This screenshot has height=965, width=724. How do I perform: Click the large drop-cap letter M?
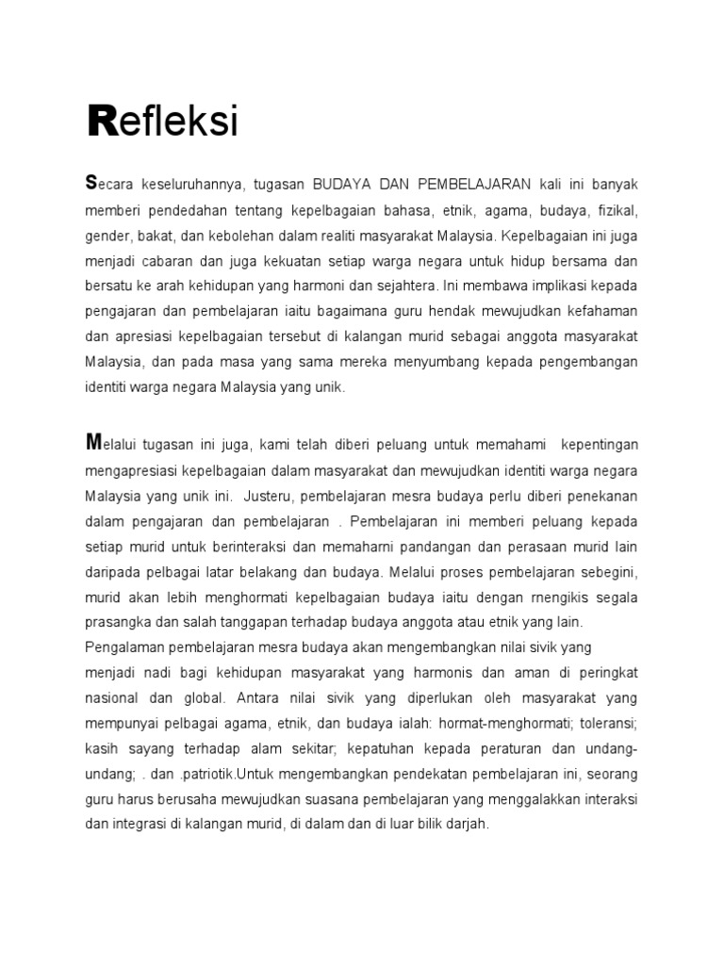(92, 441)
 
